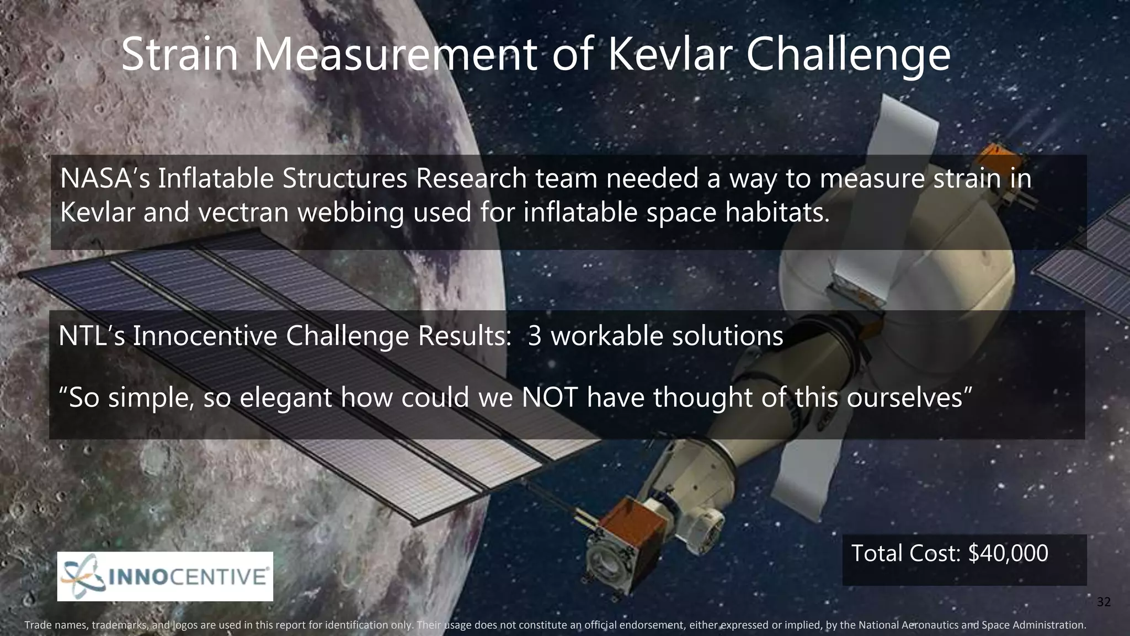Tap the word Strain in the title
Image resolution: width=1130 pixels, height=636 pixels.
[179, 55]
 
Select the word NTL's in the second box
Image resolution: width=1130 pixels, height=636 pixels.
[92, 336]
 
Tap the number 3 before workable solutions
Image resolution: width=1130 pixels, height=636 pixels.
[534, 336]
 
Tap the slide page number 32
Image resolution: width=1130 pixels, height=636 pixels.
[1103, 602]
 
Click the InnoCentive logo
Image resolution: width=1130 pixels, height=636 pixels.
[165, 576]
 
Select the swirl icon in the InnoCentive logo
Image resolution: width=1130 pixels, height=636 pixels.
[83, 576]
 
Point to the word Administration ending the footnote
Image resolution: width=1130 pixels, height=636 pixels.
[1054, 626]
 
